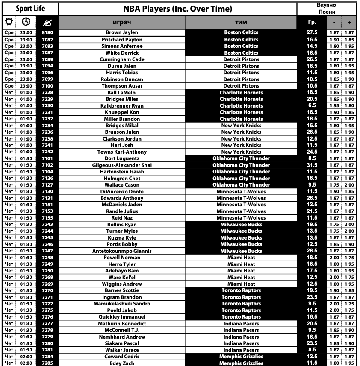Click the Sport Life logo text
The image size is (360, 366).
pos(30,9)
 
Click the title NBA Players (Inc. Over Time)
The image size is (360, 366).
pos(177,9)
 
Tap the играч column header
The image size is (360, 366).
pos(122,22)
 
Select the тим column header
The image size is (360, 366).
pos(241,22)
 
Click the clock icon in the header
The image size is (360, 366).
pos(26,22)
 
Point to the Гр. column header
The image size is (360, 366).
pos(312,22)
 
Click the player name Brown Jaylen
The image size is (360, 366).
pos(122,32)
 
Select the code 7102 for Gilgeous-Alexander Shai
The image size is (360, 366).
pos(47,165)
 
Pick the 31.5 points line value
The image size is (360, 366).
pos(312,165)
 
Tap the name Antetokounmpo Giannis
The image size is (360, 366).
pos(122,251)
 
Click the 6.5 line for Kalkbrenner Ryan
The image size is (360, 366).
pos(312,105)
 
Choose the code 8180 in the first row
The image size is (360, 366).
pos(47,32)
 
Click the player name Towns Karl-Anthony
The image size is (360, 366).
pos(122,152)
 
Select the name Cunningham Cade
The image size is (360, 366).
pos(122,59)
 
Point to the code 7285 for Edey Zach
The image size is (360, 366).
pos(47,363)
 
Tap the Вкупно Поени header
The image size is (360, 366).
pos(327,9)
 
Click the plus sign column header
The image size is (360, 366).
pos(349,22)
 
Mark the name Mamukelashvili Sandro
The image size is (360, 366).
pos(122,304)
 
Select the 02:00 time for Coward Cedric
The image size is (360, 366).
pos(26,357)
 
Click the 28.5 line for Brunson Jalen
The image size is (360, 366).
pos(312,132)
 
